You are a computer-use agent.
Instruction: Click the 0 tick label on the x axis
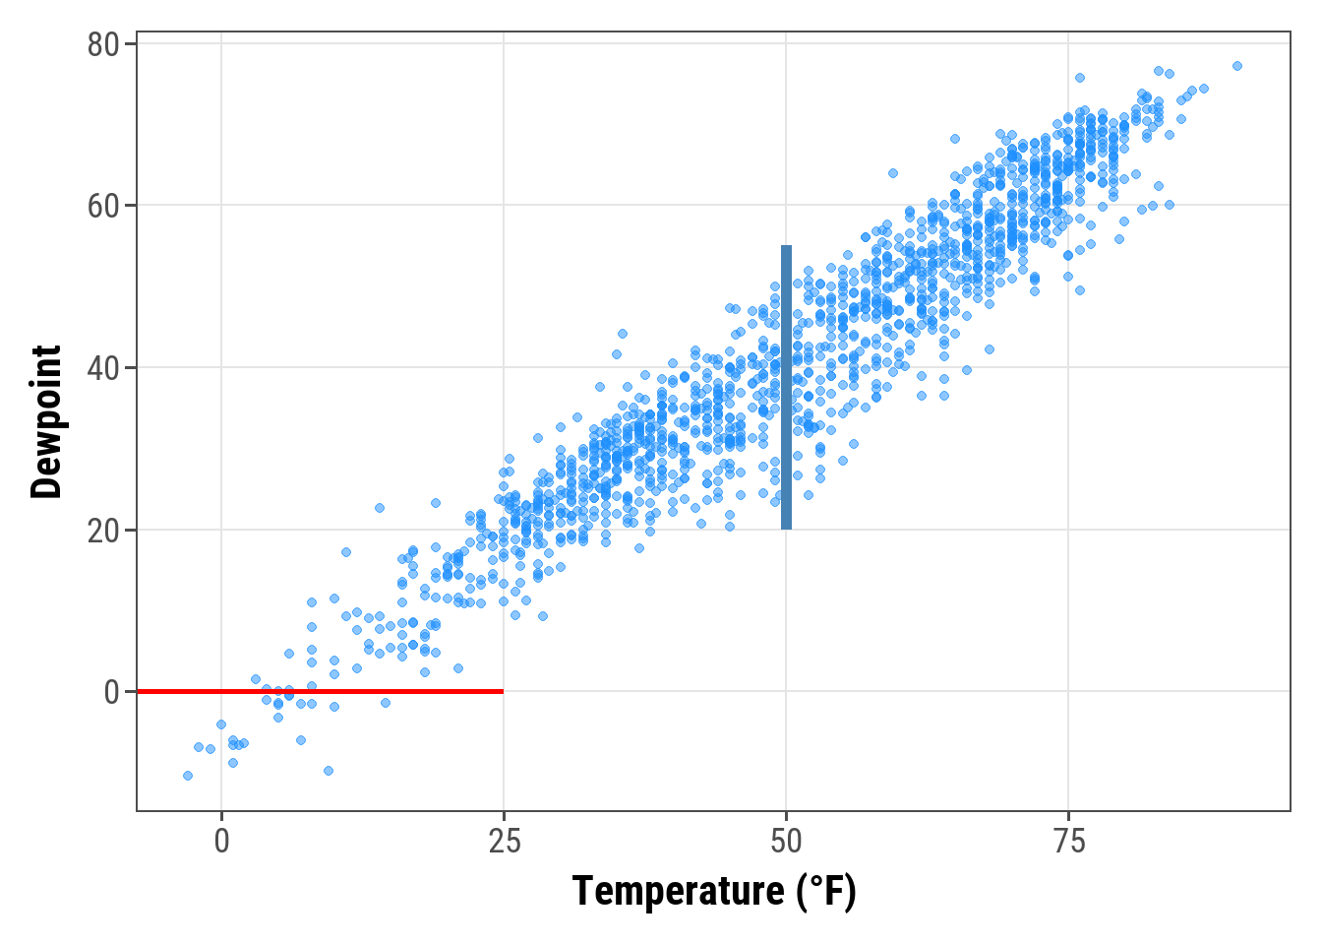(x=221, y=842)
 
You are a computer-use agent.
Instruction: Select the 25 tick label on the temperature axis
(x=504, y=842)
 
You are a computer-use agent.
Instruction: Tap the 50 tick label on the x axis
(x=786, y=842)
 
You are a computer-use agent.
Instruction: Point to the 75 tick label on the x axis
(x=1068, y=842)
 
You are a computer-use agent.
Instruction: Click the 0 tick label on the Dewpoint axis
(x=112, y=692)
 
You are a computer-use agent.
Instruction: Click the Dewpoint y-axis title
(x=46, y=422)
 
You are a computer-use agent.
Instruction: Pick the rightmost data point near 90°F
(x=1237, y=66)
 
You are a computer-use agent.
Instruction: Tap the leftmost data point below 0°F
(x=188, y=776)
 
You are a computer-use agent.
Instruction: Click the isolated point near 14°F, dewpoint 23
(x=380, y=508)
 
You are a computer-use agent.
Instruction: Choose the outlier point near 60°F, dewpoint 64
(x=893, y=173)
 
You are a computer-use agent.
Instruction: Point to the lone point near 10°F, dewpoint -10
(x=329, y=771)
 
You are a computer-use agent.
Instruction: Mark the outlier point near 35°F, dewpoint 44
(x=622, y=334)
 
